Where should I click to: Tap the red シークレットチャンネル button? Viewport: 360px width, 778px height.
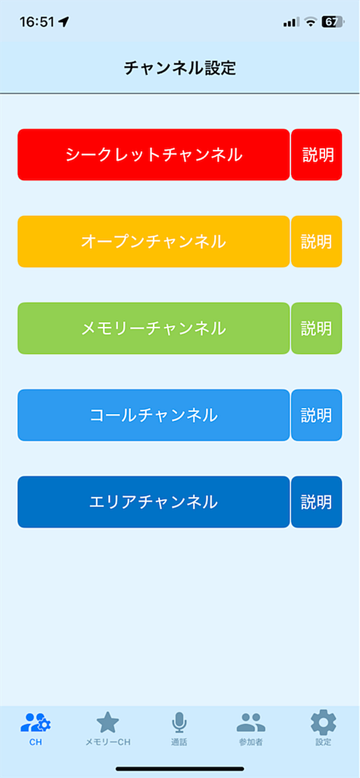154,155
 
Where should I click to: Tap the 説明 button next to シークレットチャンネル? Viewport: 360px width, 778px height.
316,155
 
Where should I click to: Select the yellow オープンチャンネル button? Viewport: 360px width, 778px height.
154,242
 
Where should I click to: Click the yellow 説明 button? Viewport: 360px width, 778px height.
316,242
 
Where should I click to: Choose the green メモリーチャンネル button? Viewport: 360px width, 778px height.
154,328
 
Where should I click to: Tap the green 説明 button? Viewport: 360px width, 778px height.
316,328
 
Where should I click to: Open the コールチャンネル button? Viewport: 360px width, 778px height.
154,415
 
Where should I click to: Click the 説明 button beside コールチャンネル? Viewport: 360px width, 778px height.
316,415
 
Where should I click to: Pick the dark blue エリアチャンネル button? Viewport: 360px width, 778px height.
154,502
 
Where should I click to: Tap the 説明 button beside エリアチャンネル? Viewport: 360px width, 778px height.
316,502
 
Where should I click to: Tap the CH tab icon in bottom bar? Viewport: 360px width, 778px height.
36,722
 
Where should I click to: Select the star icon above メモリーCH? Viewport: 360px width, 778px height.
108,722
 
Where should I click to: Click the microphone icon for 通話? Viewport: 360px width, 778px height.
179,722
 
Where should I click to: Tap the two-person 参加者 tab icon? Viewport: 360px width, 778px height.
251,722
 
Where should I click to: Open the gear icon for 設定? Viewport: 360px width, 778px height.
323,722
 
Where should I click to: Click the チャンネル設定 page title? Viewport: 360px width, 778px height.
180,68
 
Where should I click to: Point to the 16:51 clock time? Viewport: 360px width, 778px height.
37,22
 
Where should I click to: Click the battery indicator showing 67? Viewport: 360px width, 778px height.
332,22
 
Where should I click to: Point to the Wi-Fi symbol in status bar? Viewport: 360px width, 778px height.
310,22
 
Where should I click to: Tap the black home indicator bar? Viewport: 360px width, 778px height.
180,769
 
